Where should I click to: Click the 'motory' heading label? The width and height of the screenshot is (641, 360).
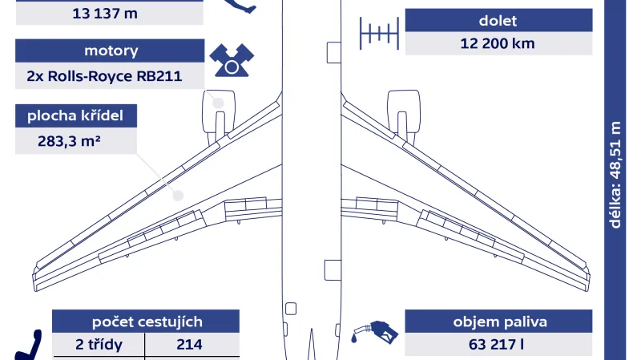pos(111,51)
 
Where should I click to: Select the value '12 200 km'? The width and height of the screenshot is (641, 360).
pos(497,43)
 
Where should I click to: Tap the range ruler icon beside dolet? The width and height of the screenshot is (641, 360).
pos(379,32)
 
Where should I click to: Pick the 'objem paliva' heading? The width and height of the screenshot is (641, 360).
pos(500,322)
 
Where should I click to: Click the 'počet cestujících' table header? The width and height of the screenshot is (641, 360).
pos(146,322)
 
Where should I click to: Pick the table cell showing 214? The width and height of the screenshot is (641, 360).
pos(192,346)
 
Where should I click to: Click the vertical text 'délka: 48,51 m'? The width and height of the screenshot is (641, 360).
pos(615,175)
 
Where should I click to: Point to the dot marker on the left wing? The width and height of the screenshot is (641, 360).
pos(179,195)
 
